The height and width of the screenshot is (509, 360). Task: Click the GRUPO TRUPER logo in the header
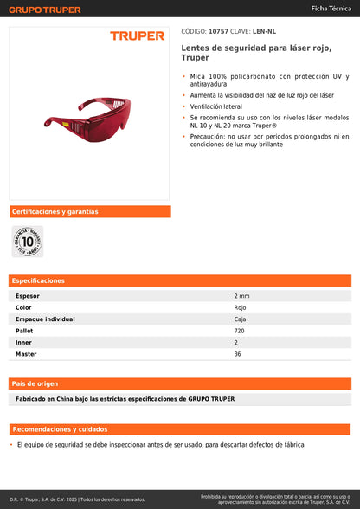click(44, 10)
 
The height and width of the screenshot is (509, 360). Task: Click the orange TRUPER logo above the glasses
click(137, 35)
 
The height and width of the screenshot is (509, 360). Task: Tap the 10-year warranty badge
click(27, 241)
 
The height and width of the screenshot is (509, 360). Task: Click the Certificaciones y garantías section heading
click(54, 211)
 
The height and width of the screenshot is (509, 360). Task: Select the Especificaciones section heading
click(39, 280)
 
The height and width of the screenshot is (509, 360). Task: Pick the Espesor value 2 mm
click(241, 296)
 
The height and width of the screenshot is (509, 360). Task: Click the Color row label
click(23, 307)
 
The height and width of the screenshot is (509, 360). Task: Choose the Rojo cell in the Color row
click(240, 307)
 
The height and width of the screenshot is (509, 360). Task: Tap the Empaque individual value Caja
click(240, 319)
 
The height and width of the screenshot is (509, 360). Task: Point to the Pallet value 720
click(239, 331)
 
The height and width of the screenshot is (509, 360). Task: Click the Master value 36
click(237, 354)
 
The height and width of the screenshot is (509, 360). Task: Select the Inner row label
click(23, 342)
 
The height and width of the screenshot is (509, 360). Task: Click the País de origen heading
click(35, 383)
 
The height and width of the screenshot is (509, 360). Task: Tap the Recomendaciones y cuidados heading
click(59, 429)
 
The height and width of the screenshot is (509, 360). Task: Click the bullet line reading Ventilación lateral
click(219, 106)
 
